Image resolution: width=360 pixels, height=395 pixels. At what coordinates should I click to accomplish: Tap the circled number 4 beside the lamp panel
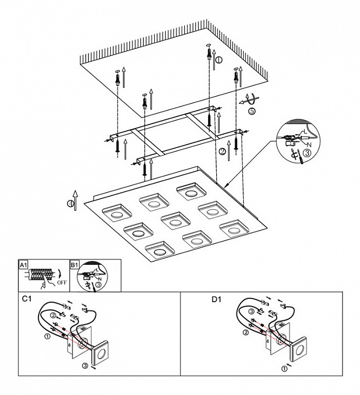point(70,204)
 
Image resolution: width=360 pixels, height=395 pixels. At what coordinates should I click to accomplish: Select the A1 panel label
point(24,265)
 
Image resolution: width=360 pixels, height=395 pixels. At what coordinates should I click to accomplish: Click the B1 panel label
point(75,265)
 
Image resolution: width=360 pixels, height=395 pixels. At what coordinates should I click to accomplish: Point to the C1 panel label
point(26,300)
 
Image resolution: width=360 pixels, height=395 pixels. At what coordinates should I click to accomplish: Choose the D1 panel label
point(216,300)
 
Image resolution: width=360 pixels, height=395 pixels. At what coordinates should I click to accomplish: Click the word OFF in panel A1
point(55,284)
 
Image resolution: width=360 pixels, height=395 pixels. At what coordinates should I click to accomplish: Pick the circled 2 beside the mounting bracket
point(222,151)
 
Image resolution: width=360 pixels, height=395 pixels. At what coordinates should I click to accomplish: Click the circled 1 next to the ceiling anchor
point(218,60)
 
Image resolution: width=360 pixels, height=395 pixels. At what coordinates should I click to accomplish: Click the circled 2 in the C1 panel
point(53,315)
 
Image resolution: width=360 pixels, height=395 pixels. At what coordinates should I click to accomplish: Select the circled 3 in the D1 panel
point(251,311)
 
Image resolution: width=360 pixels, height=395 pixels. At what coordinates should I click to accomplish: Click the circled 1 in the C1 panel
point(48,336)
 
